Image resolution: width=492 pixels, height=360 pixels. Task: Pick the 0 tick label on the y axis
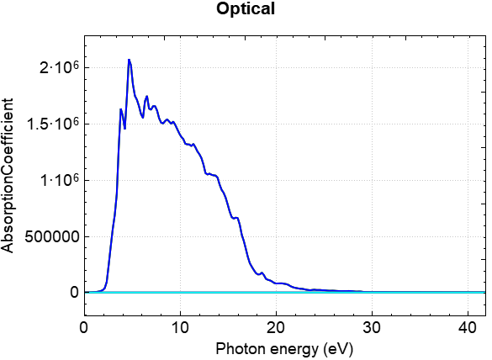74,293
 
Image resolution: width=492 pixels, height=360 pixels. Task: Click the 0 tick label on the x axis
83,326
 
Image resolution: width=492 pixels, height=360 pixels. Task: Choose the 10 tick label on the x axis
179,326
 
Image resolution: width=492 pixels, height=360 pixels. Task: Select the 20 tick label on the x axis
276,326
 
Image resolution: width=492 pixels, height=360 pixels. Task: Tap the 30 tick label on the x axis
372,326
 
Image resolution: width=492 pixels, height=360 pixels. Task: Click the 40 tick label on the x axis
468,326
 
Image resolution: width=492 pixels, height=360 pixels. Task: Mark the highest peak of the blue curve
129,60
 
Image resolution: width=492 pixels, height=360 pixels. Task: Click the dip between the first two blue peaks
124,128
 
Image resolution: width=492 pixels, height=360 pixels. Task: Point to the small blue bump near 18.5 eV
262,273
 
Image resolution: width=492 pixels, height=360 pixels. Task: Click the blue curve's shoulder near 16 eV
237,218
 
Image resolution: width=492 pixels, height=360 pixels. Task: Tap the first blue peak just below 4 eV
121,109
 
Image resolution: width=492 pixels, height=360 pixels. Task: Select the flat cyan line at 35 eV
420,292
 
